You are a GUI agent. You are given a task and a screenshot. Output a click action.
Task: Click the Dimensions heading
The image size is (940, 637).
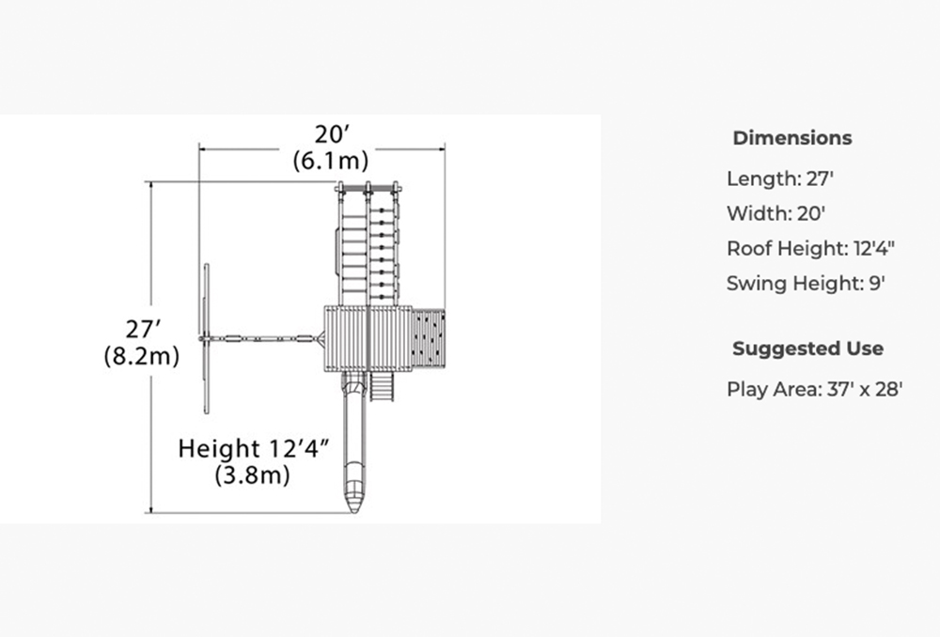791,138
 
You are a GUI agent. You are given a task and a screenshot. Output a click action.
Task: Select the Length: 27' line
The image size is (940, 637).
780,179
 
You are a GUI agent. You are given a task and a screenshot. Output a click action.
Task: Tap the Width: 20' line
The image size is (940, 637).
775,213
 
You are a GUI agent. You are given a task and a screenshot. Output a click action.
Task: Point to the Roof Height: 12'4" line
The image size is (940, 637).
810,248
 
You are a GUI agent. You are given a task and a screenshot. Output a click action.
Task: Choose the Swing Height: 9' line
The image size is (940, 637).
806,283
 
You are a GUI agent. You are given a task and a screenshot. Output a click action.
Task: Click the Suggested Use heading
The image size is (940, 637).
807,349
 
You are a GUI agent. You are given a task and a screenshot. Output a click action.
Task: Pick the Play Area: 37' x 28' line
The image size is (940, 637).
815,390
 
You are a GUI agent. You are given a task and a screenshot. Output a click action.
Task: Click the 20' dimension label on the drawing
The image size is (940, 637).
332,134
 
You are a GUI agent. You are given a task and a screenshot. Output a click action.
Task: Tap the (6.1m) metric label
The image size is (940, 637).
330,161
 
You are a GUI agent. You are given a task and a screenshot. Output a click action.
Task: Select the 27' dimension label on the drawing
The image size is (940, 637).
143,329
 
